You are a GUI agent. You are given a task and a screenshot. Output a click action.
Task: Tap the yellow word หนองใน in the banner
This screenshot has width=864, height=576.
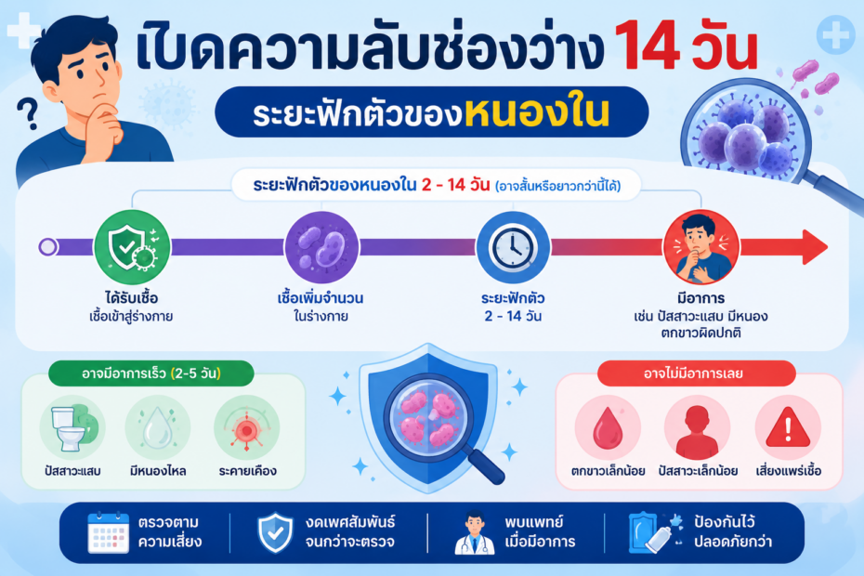click(x=537, y=112)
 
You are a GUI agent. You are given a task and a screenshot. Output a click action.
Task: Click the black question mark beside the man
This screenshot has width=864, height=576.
click(x=28, y=114)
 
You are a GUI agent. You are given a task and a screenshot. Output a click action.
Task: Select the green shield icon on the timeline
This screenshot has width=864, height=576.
click(x=132, y=247)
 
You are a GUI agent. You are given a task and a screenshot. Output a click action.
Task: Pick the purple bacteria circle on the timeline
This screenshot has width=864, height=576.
click(x=321, y=247)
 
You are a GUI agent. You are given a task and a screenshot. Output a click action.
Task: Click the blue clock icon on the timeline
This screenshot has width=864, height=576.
click(x=513, y=247)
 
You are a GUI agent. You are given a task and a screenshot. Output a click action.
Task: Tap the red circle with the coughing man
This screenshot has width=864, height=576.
click(x=701, y=247)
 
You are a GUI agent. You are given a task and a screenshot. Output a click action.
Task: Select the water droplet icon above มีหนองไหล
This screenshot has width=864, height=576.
click(x=158, y=428)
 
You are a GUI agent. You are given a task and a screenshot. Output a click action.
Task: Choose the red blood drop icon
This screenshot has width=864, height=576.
click(x=608, y=427)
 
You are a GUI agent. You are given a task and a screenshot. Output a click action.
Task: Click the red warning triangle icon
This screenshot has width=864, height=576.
click(x=788, y=427)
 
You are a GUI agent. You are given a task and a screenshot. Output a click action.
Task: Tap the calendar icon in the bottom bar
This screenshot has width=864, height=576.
click(x=108, y=532)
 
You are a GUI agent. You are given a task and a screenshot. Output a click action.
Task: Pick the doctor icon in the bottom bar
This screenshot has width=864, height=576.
click(x=475, y=533)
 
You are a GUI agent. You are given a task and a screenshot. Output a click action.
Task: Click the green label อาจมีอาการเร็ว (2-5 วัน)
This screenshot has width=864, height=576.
click(x=151, y=373)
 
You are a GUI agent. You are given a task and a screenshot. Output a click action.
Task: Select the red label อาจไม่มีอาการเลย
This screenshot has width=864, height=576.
click(x=696, y=373)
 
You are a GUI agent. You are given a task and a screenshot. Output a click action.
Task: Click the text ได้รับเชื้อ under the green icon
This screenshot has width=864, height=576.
click(x=132, y=298)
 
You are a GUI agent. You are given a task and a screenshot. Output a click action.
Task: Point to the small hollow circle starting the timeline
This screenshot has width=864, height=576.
click(x=48, y=247)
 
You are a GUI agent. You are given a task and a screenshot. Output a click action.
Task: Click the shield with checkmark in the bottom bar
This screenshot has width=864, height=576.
click(x=276, y=532)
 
